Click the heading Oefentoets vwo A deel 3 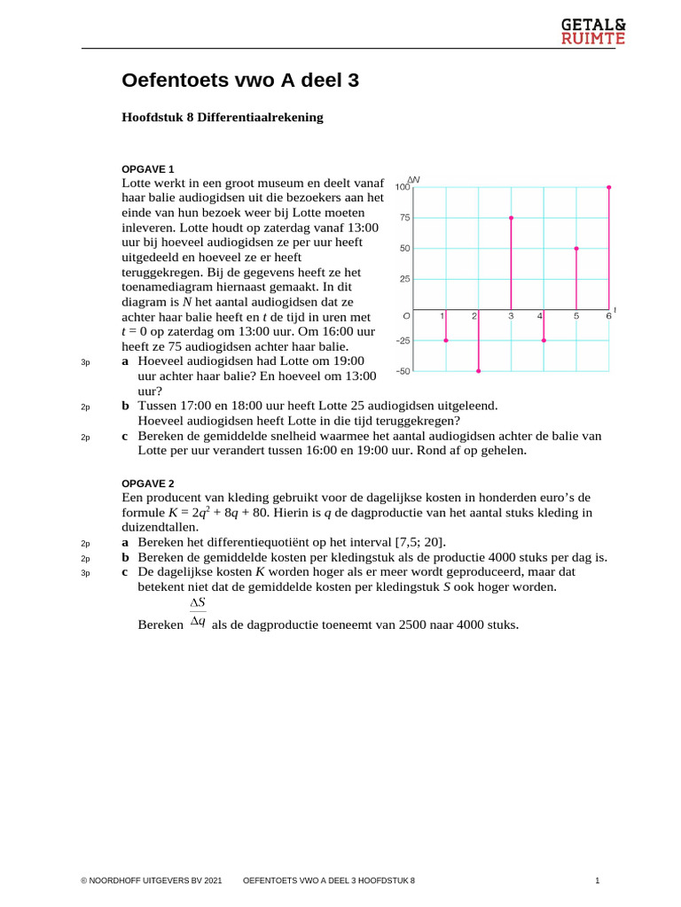240,81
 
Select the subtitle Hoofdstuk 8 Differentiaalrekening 223,117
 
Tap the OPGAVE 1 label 148,168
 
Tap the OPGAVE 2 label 148,483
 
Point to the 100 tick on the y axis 403,187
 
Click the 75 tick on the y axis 404,217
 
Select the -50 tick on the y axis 403,371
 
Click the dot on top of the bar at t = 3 511,217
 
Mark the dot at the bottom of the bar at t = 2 478,371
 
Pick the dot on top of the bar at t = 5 576,249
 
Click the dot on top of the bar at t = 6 608,187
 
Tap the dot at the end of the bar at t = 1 445,340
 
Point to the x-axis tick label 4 540,316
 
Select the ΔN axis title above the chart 412,180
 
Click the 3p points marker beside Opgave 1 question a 86,362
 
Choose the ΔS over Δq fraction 198,611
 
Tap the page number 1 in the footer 598,881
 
